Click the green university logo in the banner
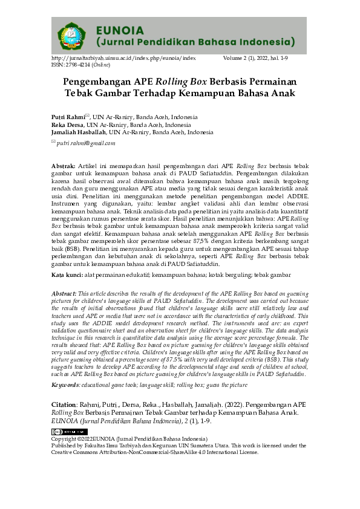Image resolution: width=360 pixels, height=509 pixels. coord(72,35)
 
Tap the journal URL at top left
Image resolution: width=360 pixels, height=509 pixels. coord(123,57)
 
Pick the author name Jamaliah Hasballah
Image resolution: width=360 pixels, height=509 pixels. coord(79,131)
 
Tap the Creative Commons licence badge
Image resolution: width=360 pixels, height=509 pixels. coord(67,432)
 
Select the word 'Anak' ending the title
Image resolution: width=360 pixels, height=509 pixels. coord(283,93)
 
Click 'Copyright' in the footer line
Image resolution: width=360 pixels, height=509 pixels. coord(66,438)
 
